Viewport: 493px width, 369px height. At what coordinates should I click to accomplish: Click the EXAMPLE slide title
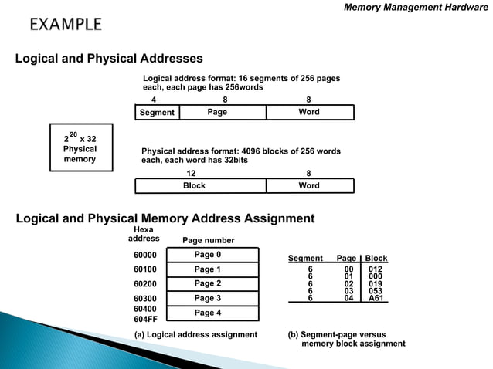[66, 25]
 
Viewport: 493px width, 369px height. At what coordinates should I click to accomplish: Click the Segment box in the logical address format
[156, 113]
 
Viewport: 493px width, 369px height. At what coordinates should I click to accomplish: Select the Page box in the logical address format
[221, 113]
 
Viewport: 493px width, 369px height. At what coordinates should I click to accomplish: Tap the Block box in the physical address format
[200, 186]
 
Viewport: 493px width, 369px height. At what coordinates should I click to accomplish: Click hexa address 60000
[145, 255]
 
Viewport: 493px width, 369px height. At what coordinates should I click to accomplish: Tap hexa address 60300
[145, 299]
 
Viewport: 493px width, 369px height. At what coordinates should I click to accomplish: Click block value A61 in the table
[376, 297]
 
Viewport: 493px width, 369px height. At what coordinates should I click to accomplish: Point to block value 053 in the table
[376, 290]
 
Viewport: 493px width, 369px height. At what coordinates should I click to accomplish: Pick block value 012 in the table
[376, 269]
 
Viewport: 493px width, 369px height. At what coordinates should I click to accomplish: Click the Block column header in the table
[376, 259]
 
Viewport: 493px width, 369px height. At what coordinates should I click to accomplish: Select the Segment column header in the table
[305, 259]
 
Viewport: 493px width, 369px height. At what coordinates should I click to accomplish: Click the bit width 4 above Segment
[154, 100]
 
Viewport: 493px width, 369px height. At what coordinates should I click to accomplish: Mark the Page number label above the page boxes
[208, 240]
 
